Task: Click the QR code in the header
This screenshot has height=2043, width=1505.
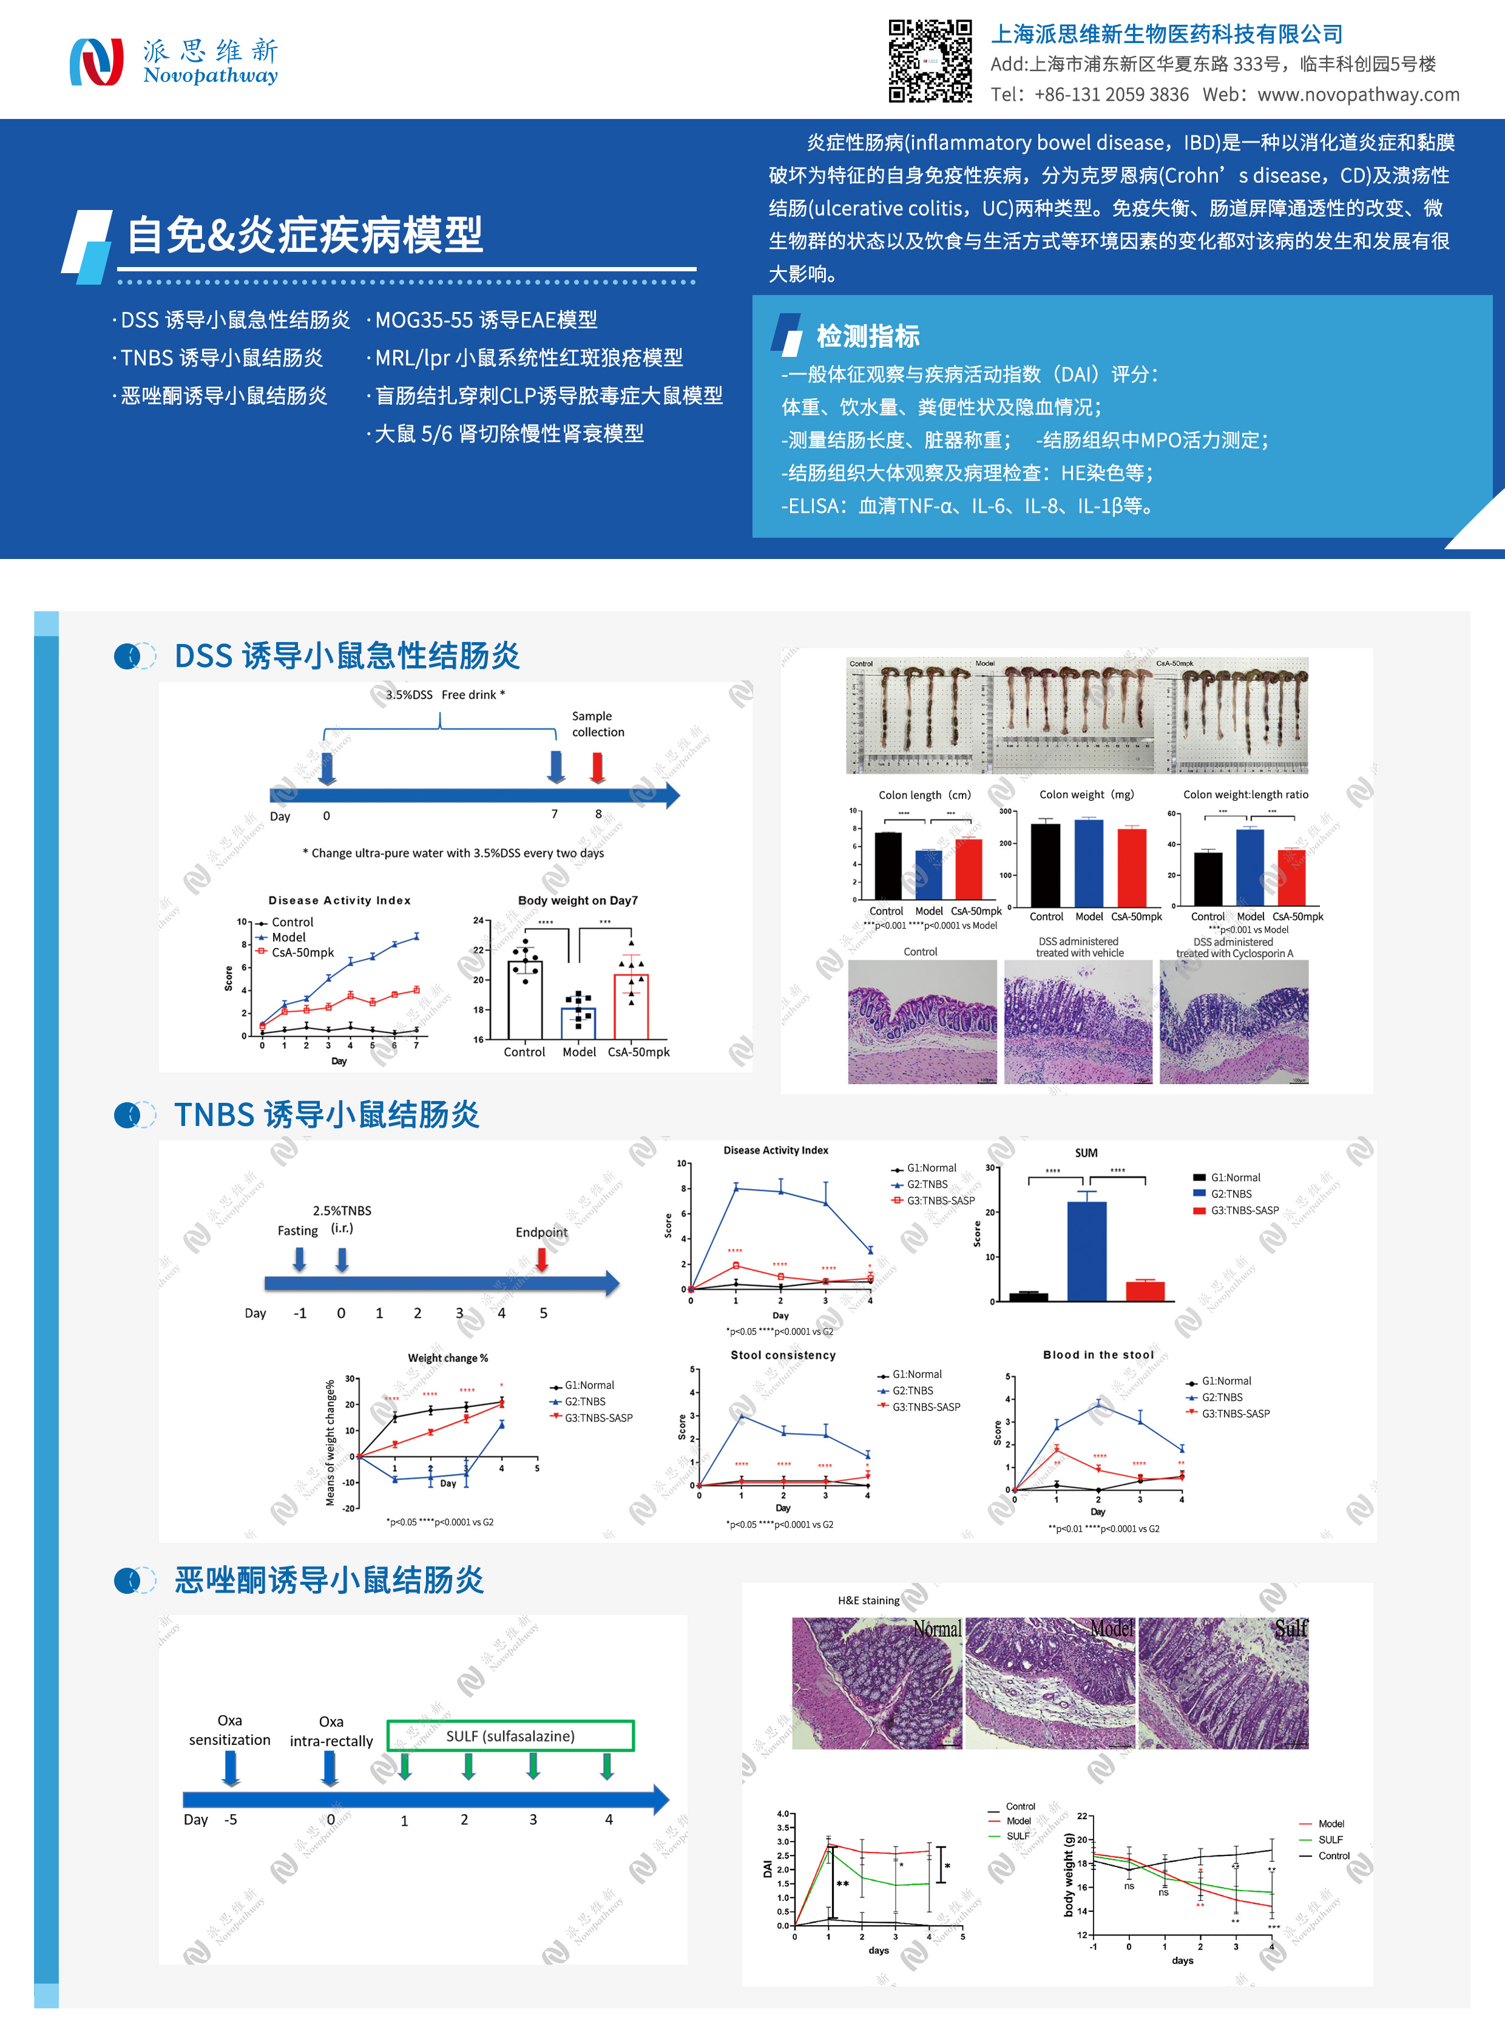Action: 930,60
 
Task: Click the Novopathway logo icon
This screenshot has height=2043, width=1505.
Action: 96,62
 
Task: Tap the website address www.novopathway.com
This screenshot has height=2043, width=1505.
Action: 1358,95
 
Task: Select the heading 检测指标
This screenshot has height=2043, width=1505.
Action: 867,336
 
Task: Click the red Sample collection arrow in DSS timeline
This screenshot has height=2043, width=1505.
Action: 598,767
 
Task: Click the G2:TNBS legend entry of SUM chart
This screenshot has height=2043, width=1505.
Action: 1230,1194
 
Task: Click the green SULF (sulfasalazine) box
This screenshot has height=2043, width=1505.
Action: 510,1736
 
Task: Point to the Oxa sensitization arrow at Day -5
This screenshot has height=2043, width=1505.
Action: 231,1769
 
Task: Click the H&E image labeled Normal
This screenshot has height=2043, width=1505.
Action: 876,1683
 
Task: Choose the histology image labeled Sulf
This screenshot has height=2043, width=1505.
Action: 1223,1683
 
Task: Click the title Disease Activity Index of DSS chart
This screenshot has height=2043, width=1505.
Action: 339,900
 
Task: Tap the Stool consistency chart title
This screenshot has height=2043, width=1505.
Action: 783,1355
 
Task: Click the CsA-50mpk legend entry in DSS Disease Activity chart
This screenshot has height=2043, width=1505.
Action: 302,952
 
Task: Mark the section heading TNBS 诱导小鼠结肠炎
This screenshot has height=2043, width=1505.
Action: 326,1114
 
